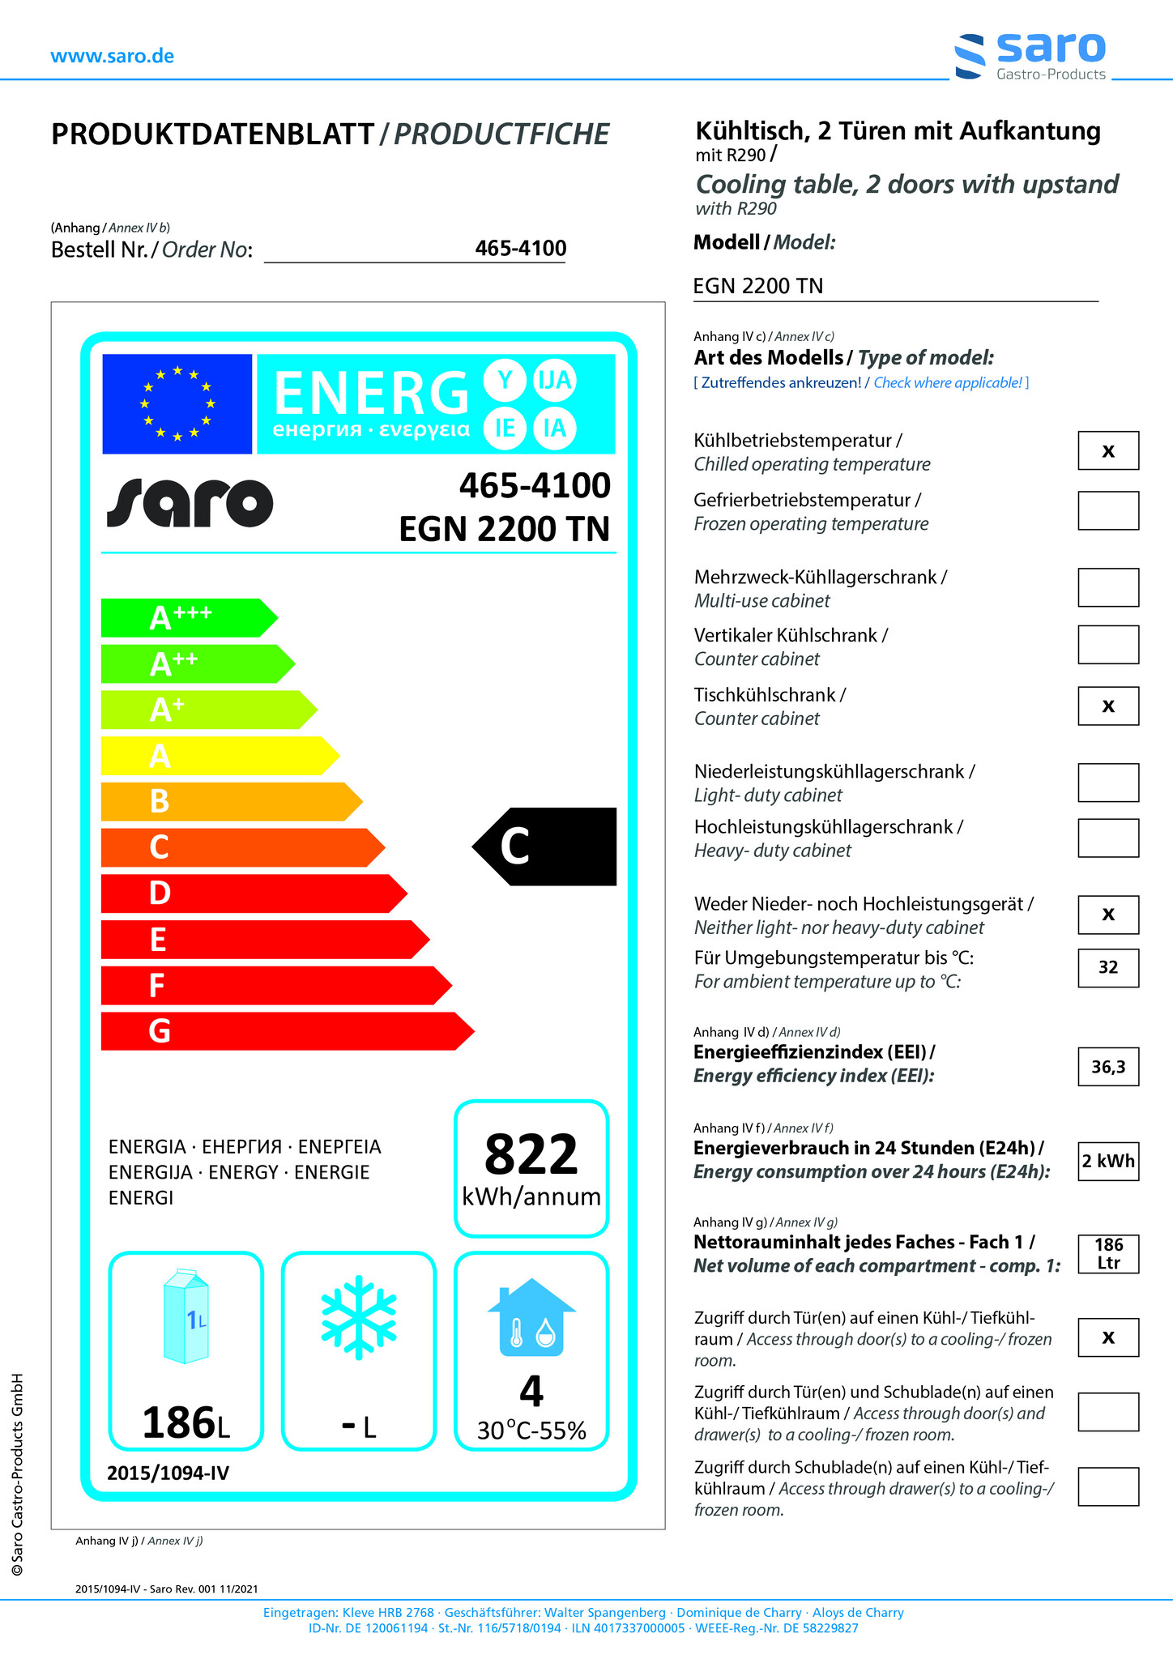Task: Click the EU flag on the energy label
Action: point(177,403)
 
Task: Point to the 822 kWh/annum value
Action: point(531,1167)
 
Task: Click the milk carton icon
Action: point(186,1316)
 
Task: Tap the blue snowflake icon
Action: point(359,1317)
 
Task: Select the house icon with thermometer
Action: point(531,1318)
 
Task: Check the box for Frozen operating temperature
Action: point(1107,510)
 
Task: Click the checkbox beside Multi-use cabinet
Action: point(1107,587)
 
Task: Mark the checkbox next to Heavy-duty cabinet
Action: point(1107,838)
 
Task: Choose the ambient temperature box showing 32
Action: point(1107,967)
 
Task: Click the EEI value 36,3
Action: point(1107,1067)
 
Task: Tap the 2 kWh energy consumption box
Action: point(1107,1161)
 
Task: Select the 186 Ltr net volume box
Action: point(1107,1254)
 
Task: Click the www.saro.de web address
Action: point(112,56)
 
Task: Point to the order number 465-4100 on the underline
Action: point(520,249)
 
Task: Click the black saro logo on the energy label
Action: point(190,502)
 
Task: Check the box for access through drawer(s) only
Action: point(1107,1486)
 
